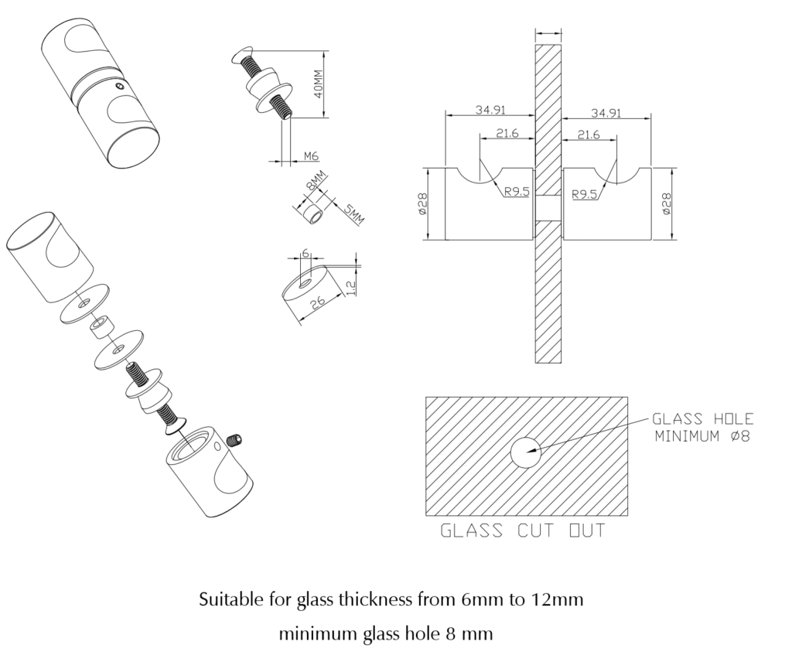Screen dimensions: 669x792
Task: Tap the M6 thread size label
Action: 311,156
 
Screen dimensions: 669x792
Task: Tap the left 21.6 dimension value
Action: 507,134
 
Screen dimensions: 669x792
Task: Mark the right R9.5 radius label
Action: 585,194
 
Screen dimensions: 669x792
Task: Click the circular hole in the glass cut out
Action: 524,452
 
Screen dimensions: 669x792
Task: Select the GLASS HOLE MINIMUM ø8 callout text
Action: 702,427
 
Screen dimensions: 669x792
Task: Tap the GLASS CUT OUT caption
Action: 523,531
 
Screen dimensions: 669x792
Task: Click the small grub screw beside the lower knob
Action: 236,442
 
